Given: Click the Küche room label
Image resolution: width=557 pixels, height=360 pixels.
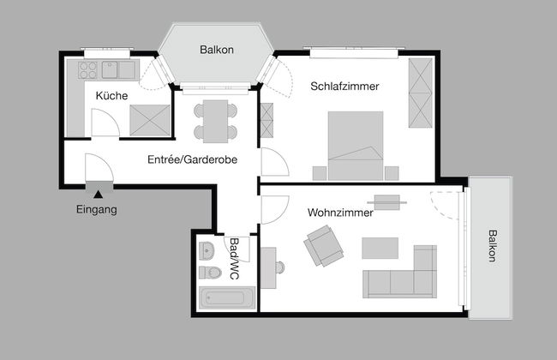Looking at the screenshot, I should (x=111, y=96).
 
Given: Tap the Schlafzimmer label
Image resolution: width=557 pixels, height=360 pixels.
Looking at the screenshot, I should (x=345, y=87).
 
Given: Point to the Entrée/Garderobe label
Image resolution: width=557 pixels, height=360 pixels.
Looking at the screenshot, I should (x=192, y=159).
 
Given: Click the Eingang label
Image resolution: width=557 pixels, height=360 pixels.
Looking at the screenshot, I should (x=97, y=209).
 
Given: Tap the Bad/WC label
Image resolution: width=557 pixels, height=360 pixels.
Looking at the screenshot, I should (x=234, y=259).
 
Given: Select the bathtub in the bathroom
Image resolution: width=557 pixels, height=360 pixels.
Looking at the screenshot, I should (x=227, y=299).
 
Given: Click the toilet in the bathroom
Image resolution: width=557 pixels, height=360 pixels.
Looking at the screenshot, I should (x=208, y=273).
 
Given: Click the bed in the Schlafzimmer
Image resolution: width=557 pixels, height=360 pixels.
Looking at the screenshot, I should (x=354, y=146).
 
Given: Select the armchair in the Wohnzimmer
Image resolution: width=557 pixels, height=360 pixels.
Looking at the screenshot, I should (x=322, y=249).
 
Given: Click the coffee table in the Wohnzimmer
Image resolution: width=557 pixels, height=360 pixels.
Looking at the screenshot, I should (x=380, y=248).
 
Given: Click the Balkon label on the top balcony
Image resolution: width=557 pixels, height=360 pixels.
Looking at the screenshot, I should (x=217, y=51).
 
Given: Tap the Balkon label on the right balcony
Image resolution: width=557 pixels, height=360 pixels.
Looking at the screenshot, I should (x=492, y=246).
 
